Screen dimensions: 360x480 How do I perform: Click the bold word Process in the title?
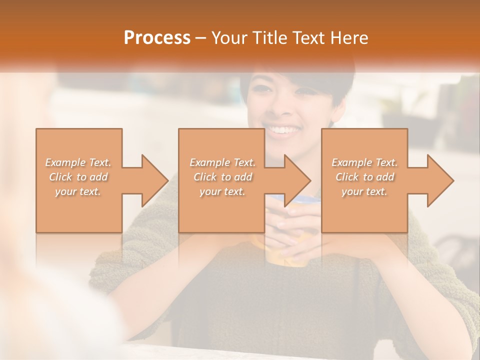click(x=157, y=38)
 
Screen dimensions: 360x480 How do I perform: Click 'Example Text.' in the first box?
click(x=78, y=162)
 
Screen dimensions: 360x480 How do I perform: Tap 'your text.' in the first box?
click(x=78, y=191)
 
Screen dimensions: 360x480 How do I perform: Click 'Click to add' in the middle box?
click(x=222, y=177)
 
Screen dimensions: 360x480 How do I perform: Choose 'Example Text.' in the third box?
click(x=364, y=162)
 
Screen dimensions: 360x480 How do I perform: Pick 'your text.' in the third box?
click(x=364, y=191)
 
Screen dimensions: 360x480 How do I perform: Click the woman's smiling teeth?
click(x=283, y=130)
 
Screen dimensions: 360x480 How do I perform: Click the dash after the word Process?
click(x=200, y=38)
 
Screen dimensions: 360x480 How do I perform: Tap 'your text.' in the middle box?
click(x=222, y=191)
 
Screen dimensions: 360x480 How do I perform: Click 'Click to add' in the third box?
click(x=364, y=177)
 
